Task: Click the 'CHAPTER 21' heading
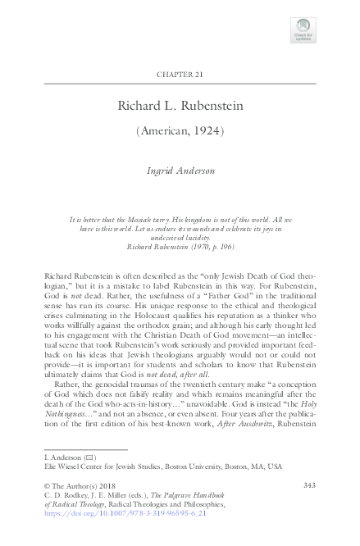coord(180,75)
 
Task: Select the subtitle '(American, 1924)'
coord(180,131)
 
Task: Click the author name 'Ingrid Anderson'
coord(180,171)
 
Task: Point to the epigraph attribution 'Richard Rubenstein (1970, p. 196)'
coord(180,245)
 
